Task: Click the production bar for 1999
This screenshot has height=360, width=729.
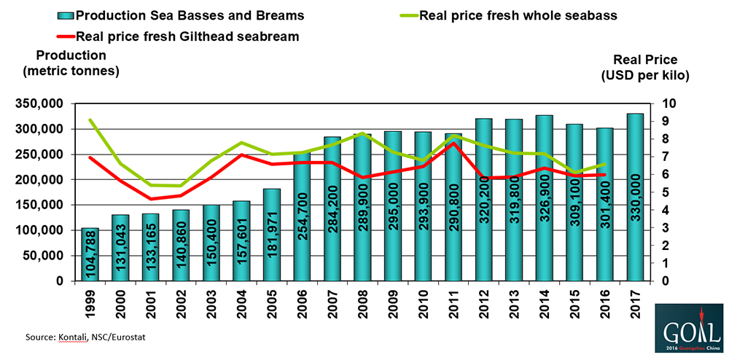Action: pyautogui.click(x=90, y=254)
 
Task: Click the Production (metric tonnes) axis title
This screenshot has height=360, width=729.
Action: pyautogui.click(x=71, y=63)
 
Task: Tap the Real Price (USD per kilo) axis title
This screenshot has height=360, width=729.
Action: pyautogui.click(x=645, y=68)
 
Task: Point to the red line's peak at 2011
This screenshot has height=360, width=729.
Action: pyautogui.click(x=454, y=143)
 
